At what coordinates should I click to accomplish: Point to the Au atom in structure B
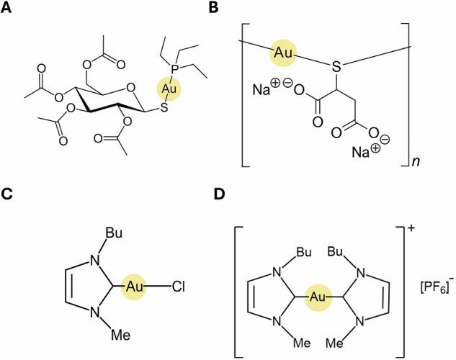click(283, 53)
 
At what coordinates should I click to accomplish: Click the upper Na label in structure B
click(263, 91)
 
